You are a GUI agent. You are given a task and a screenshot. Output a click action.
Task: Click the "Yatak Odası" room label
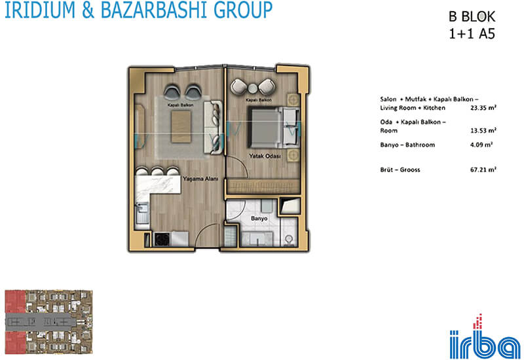(x=265, y=156)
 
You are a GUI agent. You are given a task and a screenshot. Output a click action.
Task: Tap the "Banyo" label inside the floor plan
(x=259, y=219)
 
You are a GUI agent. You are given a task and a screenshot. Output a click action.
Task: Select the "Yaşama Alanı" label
(x=200, y=179)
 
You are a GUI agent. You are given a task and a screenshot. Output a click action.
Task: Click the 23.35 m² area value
(x=483, y=107)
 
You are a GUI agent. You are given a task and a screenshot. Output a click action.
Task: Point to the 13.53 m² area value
(x=483, y=130)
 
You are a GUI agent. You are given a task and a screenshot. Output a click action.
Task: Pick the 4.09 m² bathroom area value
(x=481, y=145)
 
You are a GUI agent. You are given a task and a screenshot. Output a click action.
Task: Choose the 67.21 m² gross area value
(x=483, y=170)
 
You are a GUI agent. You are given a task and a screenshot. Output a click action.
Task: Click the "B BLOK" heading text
(x=472, y=17)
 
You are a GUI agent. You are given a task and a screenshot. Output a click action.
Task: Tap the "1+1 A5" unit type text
(x=472, y=34)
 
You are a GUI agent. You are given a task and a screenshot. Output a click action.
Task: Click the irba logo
(x=485, y=337)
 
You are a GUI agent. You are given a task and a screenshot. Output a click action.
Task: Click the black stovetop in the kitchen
(x=162, y=240)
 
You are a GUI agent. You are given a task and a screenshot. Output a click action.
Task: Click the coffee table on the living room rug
(x=181, y=126)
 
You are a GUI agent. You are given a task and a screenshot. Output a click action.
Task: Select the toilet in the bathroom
(x=289, y=240)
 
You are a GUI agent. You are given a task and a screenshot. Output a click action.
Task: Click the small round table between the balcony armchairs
(x=253, y=88)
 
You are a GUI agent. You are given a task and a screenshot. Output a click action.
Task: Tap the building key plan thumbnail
(x=48, y=322)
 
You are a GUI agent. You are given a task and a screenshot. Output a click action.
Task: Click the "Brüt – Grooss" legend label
(x=400, y=170)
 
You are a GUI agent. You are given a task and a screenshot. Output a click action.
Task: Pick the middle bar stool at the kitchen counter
(x=157, y=171)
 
